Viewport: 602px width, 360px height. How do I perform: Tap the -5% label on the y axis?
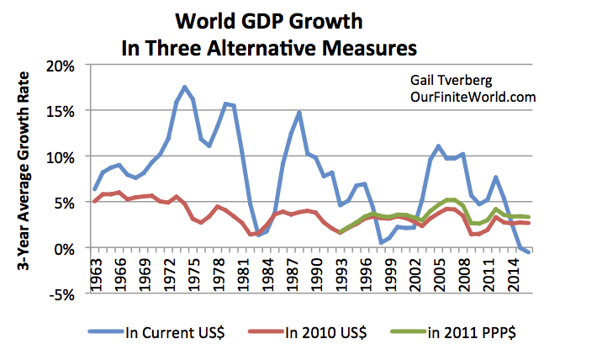point(66,294)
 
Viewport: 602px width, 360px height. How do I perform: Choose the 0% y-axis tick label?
point(69,249)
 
